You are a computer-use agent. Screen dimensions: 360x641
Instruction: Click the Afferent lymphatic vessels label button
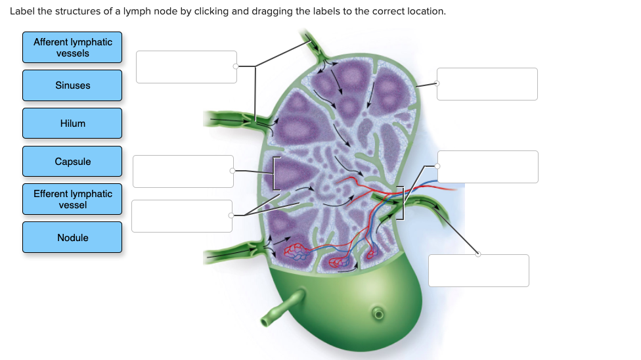pos(72,47)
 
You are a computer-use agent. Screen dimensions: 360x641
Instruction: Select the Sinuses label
pos(72,85)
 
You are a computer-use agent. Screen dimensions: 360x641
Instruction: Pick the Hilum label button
pos(72,124)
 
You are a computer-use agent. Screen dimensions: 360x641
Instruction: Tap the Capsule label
pos(72,162)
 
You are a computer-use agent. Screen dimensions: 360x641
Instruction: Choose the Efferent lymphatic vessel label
pos(72,199)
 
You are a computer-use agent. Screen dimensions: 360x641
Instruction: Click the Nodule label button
pos(72,237)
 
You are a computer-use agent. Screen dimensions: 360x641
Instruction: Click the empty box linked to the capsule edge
pos(487,84)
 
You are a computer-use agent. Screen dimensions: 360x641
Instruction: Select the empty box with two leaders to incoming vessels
pos(186,67)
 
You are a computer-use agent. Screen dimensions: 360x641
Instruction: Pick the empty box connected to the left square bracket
pos(183,171)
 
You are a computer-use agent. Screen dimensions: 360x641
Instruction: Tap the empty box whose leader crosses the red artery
pos(487,167)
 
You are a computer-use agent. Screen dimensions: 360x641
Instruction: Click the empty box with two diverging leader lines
pos(181,216)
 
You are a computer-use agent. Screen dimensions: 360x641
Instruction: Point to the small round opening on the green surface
pos(378,312)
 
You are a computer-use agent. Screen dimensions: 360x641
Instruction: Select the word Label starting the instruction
pos(23,12)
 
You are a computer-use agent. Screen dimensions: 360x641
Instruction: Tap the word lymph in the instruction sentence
pos(151,12)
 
